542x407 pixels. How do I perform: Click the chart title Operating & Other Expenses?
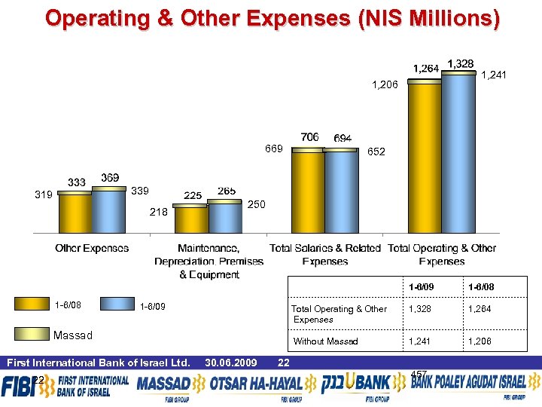[x=271, y=18]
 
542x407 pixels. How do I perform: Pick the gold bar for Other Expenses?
[x=75, y=214]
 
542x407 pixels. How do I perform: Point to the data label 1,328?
[x=460, y=63]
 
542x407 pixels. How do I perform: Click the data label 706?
[x=309, y=137]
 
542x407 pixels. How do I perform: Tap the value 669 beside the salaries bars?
[x=273, y=149]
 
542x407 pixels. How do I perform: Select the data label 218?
[x=158, y=213]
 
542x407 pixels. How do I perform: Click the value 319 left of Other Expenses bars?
[x=44, y=194]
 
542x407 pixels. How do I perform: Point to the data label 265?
[x=227, y=191]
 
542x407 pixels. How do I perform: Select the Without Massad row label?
[x=325, y=341]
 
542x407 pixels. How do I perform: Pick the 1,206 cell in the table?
[x=480, y=341]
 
